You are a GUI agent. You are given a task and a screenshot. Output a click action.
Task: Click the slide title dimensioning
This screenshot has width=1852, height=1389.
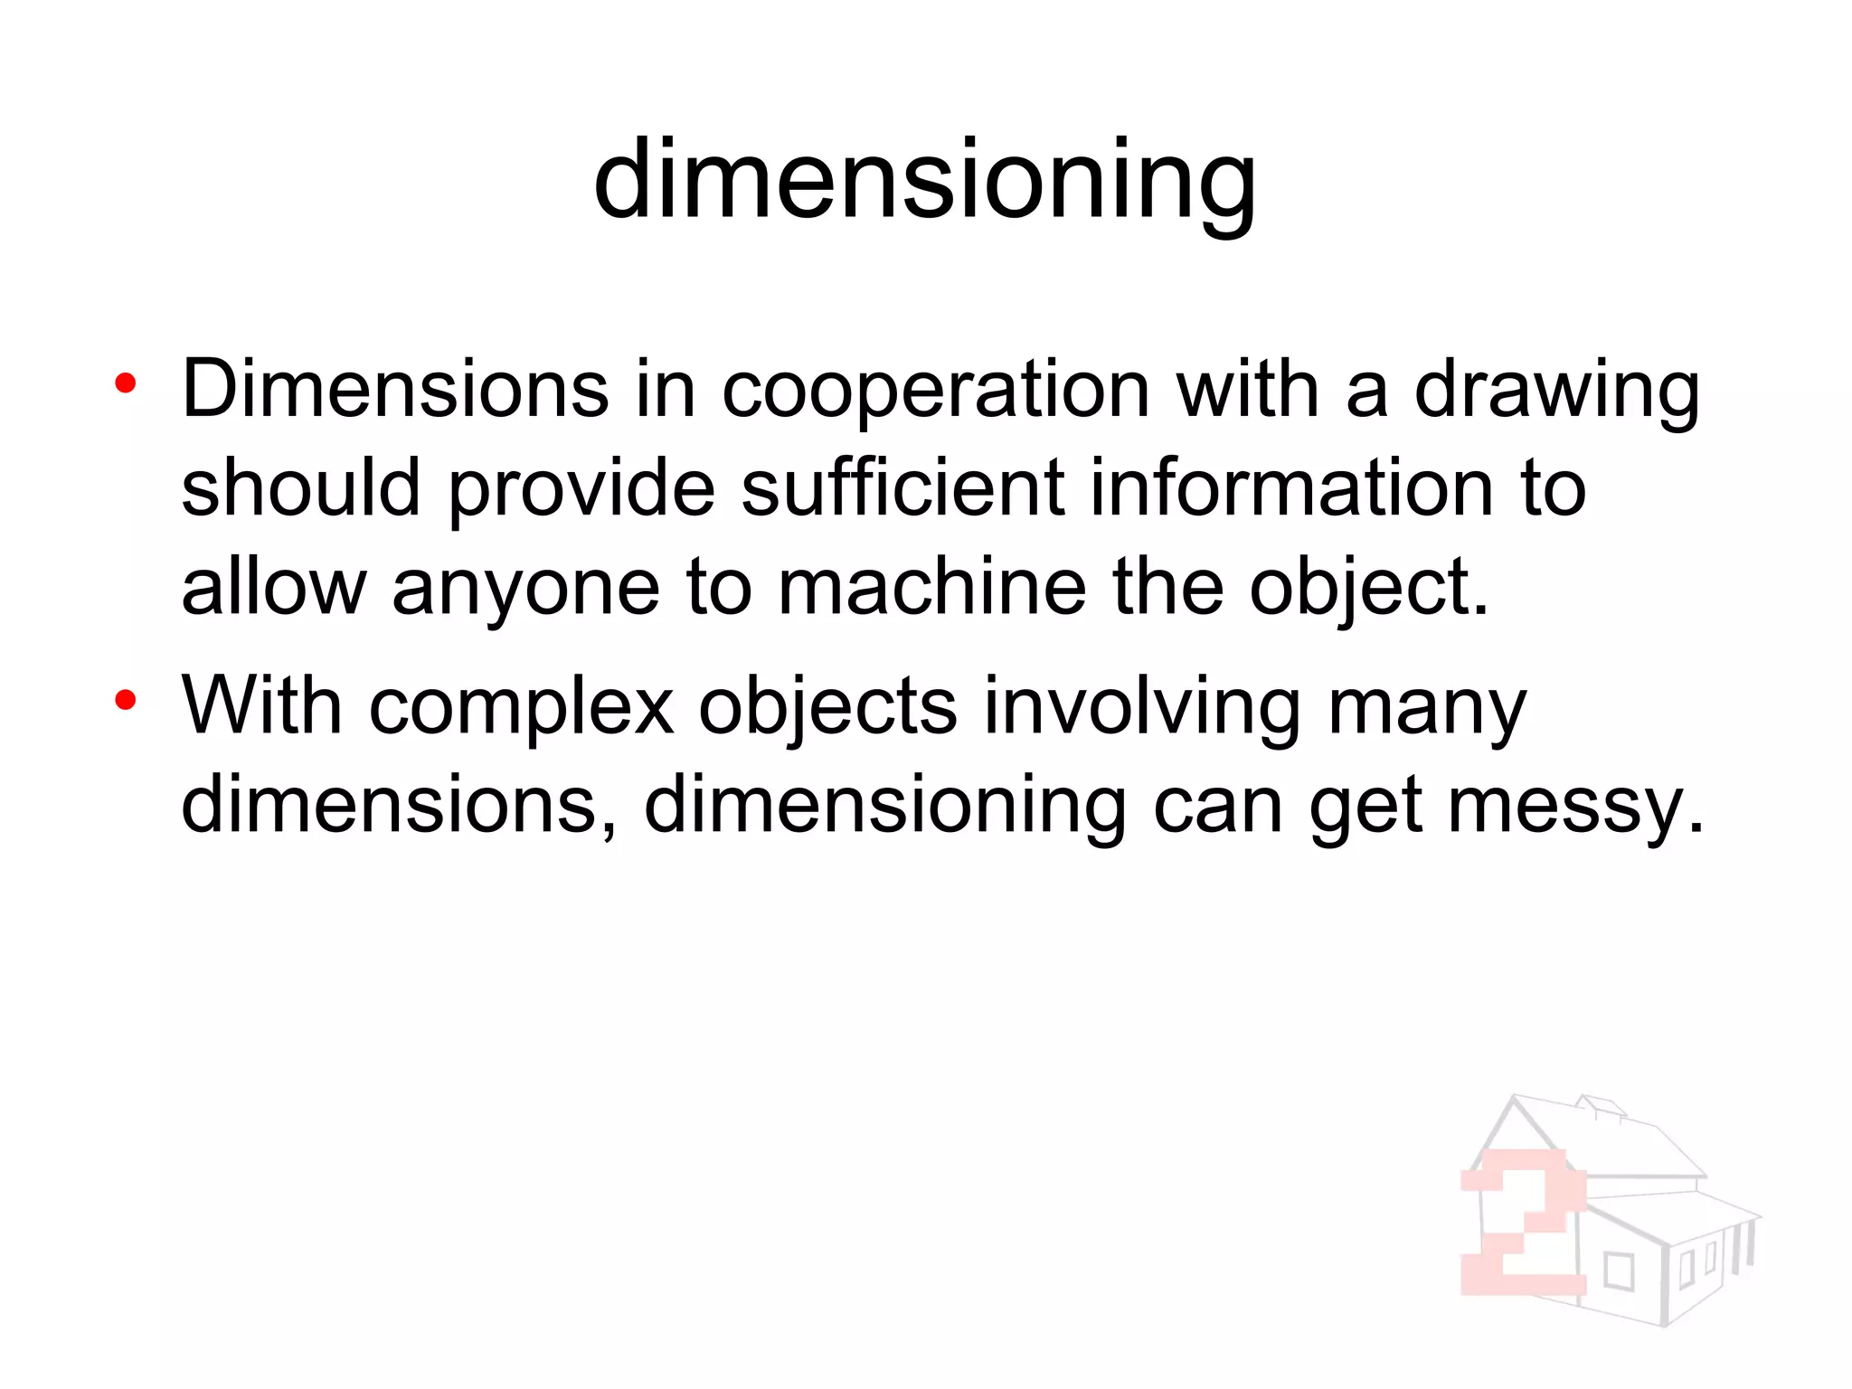(924, 181)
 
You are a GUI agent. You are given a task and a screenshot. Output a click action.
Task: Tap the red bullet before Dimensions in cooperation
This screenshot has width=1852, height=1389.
(126, 384)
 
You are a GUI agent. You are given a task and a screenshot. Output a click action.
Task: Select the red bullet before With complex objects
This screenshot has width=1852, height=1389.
(126, 699)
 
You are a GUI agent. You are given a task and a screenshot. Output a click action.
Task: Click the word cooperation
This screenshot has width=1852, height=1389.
(935, 391)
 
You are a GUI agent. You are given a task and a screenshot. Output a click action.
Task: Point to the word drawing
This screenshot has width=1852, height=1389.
(1556, 391)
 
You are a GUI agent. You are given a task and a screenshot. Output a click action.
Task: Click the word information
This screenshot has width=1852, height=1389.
(1291, 488)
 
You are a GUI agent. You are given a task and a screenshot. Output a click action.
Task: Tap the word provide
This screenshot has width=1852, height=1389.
(581, 488)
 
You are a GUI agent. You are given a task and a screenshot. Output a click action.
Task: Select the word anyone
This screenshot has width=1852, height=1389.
(525, 588)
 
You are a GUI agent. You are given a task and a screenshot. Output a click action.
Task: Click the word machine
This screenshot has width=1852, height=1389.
(931, 588)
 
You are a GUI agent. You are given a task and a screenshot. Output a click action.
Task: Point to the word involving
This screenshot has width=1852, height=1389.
(1141, 707)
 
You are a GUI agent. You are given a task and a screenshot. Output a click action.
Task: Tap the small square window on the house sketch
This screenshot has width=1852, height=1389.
(1618, 1271)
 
